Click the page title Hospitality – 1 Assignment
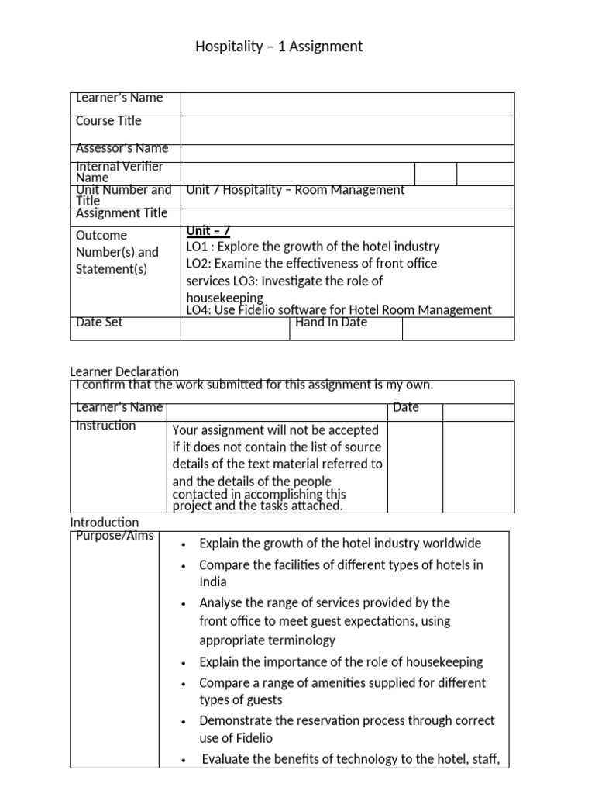tap(279, 47)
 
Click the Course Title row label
tap(108, 121)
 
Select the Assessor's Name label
tap(122, 148)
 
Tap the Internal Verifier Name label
tap(119, 171)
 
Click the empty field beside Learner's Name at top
tap(347, 104)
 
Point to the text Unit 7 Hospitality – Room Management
tap(295, 190)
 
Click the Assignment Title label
tap(122, 213)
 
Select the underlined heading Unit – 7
tap(208, 230)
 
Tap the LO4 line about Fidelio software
tap(339, 310)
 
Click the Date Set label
tap(99, 323)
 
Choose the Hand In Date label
tap(331, 323)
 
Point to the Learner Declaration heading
tap(124, 372)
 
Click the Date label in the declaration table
tap(406, 407)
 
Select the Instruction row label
tap(105, 426)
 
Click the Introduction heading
tap(105, 523)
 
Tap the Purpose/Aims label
tap(115, 537)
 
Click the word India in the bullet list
tap(213, 582)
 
